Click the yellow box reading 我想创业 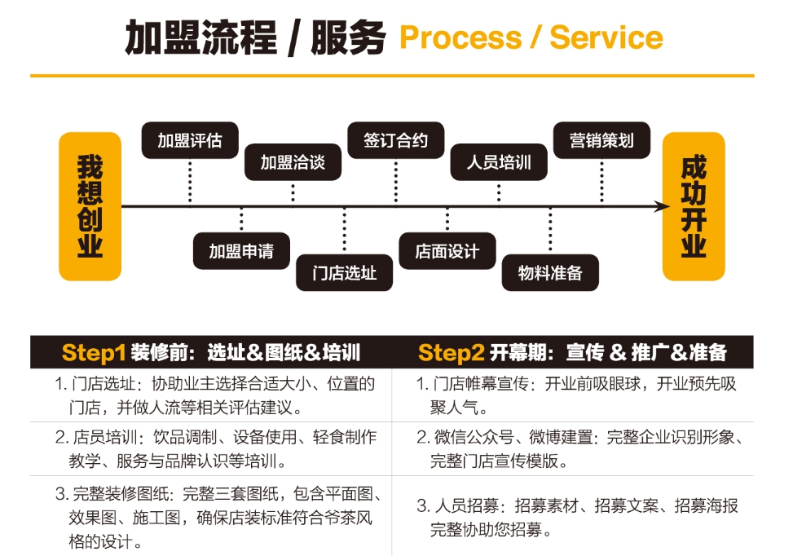[x=90, y=206]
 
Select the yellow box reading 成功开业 [x=694, y=206]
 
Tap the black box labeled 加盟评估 [x=190, y=140]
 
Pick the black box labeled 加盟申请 [x=241, y=251]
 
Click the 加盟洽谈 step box [x=293, y=162]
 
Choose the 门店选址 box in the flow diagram [x=344, y=273]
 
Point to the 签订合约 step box [x=395, y=140]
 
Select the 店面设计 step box [x=447, y=251]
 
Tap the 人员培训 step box [x=499, y=162]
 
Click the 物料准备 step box [x=550, y=273]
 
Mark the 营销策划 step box [x=601, y=140]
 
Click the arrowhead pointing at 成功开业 [x=662, y=207]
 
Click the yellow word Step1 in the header [x=94, y=352]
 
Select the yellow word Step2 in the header [x=451, y=352]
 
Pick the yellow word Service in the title [x=606, y=38]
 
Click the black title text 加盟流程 [x=201, y=38]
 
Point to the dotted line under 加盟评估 [x=190, y=181]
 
